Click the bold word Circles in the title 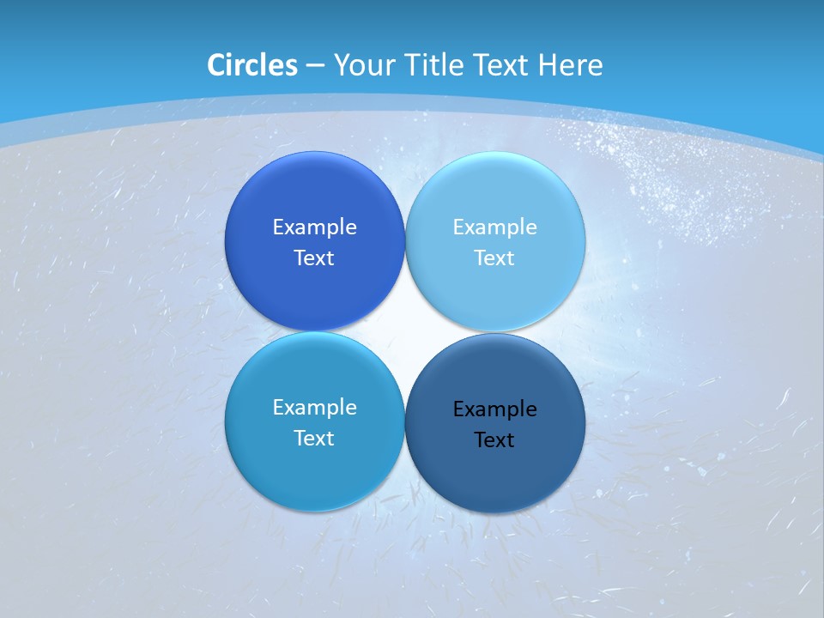click(252, 65)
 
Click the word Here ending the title click(571, 65)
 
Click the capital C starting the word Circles click(216, 65)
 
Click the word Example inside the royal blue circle click(314, 227)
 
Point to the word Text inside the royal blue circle click(314, 257)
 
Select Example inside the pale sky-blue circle click(494, 227)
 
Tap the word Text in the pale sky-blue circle click(494, 257)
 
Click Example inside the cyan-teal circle click(314, 407)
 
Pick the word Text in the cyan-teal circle click(314, 438)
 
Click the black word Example click(494, 409)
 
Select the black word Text click(494, 439)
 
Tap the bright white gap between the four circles click(404, 331)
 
